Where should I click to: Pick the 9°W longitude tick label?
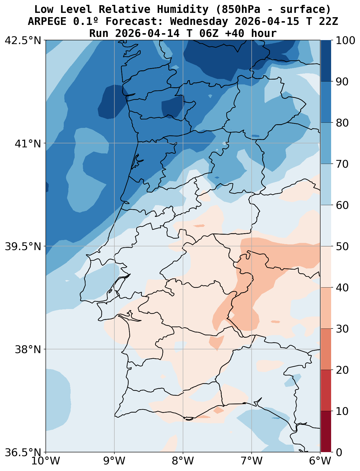(x=114, y=461)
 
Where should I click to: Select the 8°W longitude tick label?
(x=183, y=461)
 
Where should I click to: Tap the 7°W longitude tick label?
(x=252, y=461)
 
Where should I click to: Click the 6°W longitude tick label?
(x=320, y=461)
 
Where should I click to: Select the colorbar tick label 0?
(x=339, y=452)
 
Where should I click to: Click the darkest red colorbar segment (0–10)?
(x=326, y=432)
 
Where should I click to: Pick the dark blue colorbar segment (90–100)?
(x=326, y=61)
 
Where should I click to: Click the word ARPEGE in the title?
(x=47, y=21)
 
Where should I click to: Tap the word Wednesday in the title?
(x=199, y=21)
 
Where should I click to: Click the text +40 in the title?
(x=234, y=33)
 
